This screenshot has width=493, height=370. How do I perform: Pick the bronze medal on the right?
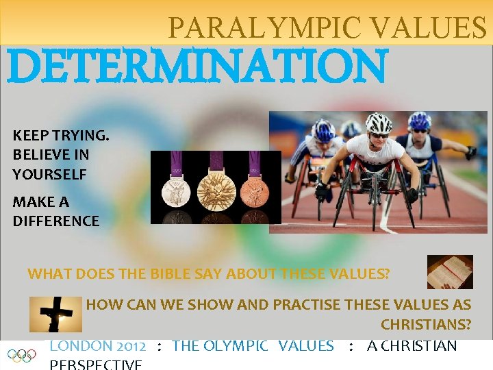click(255, 190)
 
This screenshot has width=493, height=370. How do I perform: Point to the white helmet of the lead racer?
click(378, 123)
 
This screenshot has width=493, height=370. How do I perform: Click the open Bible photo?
click(450, 271)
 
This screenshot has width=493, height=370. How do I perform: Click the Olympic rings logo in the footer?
click(21, 355)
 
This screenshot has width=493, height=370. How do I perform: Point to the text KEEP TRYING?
click(60, 136)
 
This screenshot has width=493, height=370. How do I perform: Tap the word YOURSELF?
click(49, 175)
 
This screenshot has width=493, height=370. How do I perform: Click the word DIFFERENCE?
click(55, 221)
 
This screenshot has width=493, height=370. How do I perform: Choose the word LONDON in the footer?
click(81, 346)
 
